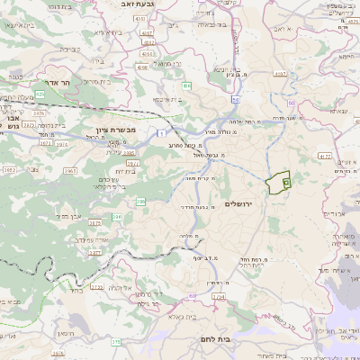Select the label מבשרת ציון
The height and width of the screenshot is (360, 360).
tap(139, 130)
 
